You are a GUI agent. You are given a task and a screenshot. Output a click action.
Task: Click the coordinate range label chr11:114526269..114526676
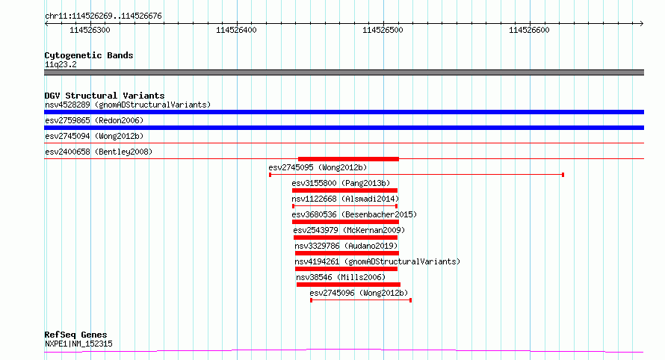103,16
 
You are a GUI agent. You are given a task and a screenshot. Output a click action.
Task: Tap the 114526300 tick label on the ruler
90,30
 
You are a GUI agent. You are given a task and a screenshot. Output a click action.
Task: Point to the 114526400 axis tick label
236,30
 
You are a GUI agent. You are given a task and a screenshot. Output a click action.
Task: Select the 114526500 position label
383,30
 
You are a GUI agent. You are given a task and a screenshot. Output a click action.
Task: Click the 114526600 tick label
529,30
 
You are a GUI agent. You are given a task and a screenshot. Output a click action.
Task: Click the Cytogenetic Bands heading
89,55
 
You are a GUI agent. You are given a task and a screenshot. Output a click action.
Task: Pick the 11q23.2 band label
61,64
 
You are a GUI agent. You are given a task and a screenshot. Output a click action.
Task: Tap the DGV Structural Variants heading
105,96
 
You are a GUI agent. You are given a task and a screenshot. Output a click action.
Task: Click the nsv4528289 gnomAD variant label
128,105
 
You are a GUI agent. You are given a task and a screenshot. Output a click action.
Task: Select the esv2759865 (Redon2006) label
94,120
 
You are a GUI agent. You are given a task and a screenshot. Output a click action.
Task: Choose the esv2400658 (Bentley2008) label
99,152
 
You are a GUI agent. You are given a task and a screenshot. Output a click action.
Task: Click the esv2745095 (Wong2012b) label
318,167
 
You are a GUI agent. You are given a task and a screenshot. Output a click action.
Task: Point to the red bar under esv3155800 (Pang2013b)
344,190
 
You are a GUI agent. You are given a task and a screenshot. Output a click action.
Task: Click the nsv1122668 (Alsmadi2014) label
345,199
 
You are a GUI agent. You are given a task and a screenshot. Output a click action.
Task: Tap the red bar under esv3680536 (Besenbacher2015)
345,222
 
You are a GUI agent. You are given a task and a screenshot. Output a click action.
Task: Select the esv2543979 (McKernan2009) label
349,230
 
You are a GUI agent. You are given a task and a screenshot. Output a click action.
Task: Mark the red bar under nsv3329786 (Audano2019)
347,253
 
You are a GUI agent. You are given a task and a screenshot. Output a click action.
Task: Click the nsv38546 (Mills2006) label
341,277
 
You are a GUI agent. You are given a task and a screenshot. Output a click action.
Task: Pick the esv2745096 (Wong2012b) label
359,293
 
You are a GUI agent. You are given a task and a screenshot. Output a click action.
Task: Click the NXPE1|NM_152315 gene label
78,344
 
